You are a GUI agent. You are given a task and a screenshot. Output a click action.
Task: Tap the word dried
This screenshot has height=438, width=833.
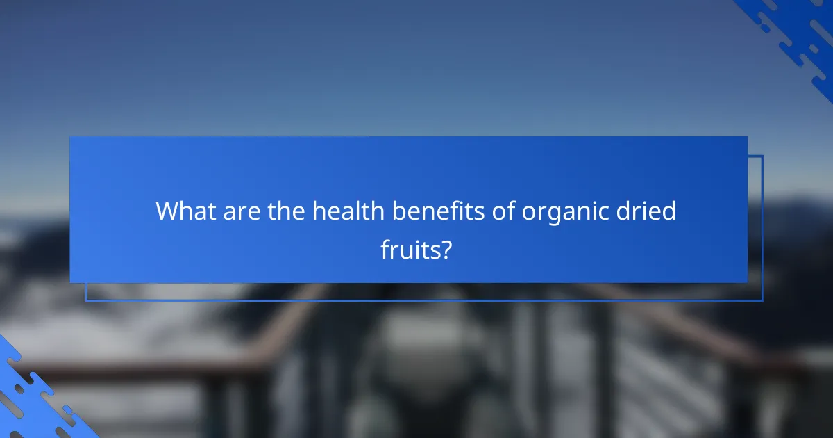650,211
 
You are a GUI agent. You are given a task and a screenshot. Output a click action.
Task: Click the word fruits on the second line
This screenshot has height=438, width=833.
410,248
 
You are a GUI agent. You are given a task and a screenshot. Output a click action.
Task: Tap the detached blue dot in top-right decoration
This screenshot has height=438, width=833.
764,26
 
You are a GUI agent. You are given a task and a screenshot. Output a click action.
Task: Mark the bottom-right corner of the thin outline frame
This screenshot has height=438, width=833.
762,300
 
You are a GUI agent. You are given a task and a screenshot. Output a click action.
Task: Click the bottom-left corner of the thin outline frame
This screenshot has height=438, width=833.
86,300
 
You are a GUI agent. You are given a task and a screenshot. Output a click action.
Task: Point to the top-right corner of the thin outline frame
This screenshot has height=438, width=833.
762,156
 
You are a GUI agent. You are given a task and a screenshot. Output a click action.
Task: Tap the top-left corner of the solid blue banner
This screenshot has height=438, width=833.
70,137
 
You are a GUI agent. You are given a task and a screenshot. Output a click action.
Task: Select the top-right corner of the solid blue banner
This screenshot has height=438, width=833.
748,137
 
